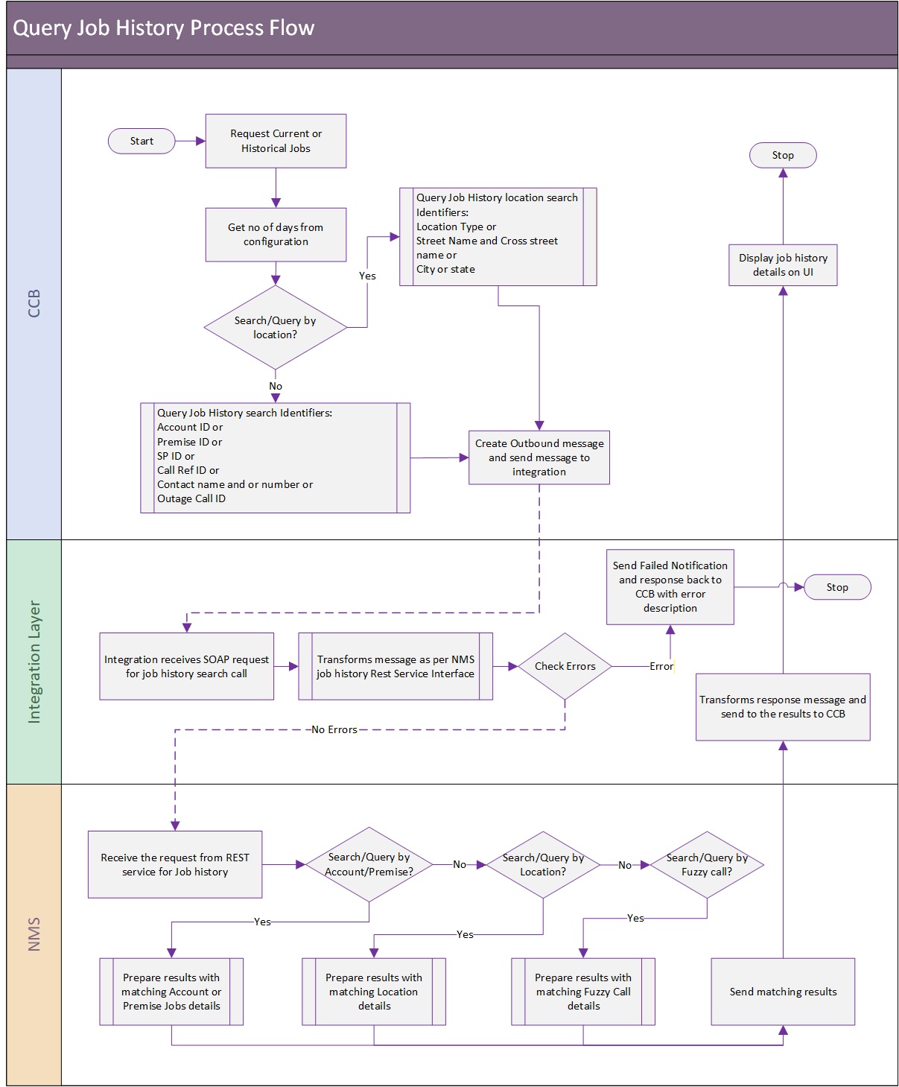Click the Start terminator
pos(141,141)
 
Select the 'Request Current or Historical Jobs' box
pos(276,141)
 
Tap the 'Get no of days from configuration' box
pos(276,234)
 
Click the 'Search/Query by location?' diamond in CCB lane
pos(276,328)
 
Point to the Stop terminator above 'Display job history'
pos(782,155)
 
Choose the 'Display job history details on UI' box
pos(782,265)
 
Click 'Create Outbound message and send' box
pos(539,457)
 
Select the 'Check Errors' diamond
pos(565,666)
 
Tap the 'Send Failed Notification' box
pos(670,586)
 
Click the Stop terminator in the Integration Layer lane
pos(837,586)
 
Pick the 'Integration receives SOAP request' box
pos(186,666)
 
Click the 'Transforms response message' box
pos(782,706)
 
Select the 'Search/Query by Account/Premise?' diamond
pos(369,864)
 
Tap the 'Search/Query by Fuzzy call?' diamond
pos(706,864)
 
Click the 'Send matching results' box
pos(782,991)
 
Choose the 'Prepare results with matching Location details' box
pos(374,991)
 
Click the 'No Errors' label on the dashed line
pos(334,729)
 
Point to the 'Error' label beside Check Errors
pos(661,666)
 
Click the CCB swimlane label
pos(34,303)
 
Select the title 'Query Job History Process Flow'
pos(163,28)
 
